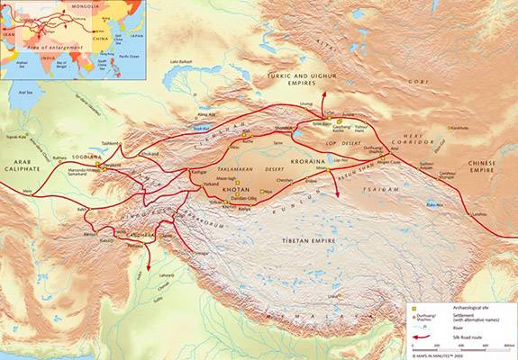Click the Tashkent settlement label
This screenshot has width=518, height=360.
coord(111,143)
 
